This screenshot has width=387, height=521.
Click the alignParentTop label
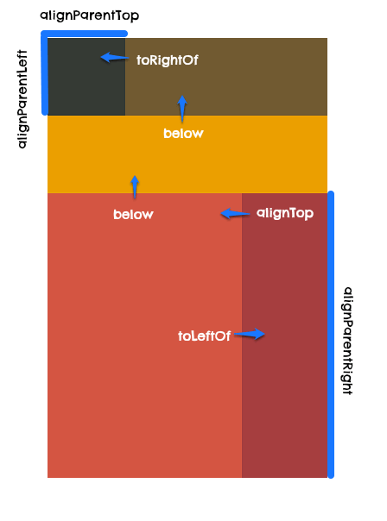tap(90, 16)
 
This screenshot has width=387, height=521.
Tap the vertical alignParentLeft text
tap(22, 99)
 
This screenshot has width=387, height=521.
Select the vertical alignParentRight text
tap(348, 341)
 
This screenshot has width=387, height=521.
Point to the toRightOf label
tap(168, 60)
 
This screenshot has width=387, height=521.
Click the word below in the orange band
tap(183, 133)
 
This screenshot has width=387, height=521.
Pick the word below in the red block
tap(133, 214)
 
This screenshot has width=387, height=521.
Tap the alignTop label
tap(285, 213)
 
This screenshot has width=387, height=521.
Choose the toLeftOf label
tap(205, 336)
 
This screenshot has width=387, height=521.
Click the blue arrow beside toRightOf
tap(115, 58)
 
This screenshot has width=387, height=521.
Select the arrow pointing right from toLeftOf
tap(250, 334)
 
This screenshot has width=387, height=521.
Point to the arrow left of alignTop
tap(235, 214)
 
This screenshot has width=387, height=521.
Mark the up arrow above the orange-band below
tap(182, 109)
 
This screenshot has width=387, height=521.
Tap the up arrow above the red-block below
tap(135, 187)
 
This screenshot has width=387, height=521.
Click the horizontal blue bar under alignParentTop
tap(84, 34)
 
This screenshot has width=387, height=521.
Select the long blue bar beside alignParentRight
tap(331, 335)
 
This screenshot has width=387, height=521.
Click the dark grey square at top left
tap(86, 77)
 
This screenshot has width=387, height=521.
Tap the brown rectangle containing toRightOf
tap(226, 77)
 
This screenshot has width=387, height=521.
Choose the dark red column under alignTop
tap(285, 336)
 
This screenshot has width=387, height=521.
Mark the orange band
tap(187, 154)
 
